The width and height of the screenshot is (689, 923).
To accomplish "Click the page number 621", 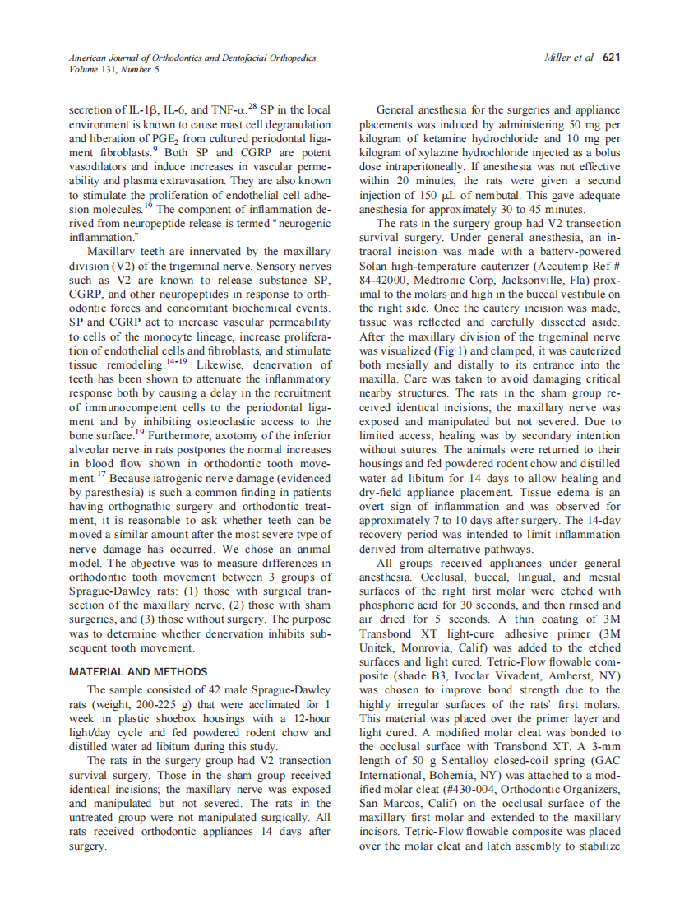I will pyautogui.click(x=611, y=58).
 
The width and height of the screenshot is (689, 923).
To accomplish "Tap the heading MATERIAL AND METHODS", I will pyautogui.click(x=138, y=671).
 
